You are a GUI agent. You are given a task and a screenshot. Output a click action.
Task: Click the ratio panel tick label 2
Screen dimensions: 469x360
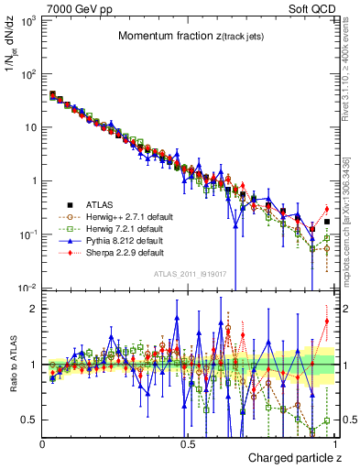point(33,309)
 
